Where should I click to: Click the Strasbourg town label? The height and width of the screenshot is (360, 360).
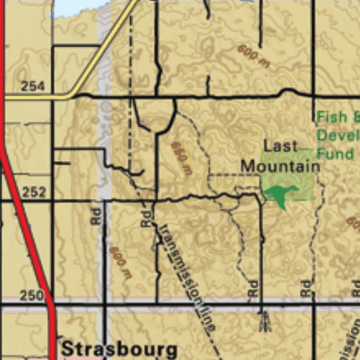[x=119, y=349]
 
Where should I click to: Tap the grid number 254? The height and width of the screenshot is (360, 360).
[x=32, y=86]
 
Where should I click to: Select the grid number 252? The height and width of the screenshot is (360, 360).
[x=33, y=191]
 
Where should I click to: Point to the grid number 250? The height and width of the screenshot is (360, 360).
[x=32, y=296]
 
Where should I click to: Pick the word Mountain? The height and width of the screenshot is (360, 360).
[x=280, y=166]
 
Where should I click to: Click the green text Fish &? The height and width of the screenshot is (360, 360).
[x=337, y=117]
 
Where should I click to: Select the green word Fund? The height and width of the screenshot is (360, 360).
[x=335, y=153]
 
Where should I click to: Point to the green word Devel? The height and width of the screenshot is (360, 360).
[x=337, y=135]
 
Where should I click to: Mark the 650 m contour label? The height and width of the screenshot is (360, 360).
[x=181, y=158]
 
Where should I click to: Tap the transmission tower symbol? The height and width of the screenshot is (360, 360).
[x=264, y=321]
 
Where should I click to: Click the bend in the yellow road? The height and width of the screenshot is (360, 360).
[x=70, y=96]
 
